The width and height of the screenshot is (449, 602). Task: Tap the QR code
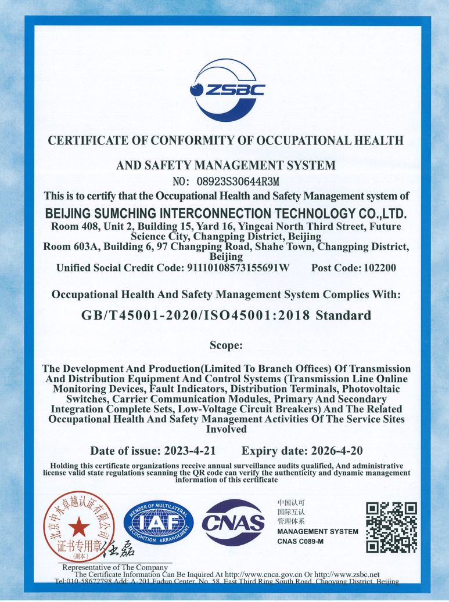coord(391,527)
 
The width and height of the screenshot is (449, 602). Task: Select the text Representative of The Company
coord(115,567)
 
